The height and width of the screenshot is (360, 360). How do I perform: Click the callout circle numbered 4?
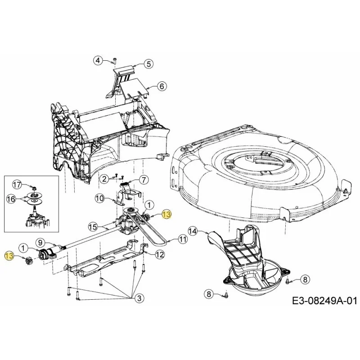[x=98, y=61]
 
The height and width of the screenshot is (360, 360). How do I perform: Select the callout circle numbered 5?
[x=148, y=64]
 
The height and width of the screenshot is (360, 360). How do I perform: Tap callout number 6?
[x=162, y=86]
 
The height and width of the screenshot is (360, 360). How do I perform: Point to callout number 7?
[x=144, y=180]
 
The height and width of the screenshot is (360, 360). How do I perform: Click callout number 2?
[x=105, y=179]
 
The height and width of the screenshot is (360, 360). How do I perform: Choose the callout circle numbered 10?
[x=99, y=198]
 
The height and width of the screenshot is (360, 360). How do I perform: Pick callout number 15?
[x=93, y=227]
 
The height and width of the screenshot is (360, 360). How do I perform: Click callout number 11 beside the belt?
[x=183, y=239]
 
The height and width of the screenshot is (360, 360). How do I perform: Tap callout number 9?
[x=40, y=242]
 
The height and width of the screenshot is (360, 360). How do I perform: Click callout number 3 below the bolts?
[x=139, y=298]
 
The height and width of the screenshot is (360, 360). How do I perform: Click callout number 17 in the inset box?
[x=17, y=185]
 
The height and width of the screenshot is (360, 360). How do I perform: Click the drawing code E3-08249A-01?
[x=324, y=301]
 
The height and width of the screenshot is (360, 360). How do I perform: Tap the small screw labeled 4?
[x=115, y=61]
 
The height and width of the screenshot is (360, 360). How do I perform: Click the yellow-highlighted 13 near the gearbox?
[x=166, y=215]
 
